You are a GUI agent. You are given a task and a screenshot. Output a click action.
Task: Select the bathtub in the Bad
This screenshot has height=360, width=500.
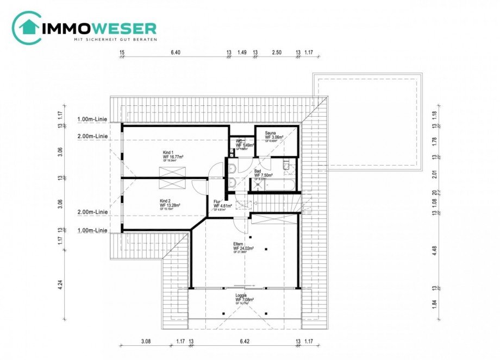[280, 185]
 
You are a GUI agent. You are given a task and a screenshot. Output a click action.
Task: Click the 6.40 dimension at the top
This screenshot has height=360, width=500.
[175, 53]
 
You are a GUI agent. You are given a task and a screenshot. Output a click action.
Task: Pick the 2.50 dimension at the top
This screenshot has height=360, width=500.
[277, 53]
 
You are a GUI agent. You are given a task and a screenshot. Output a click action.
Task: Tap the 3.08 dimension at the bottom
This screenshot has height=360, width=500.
[145, 343]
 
